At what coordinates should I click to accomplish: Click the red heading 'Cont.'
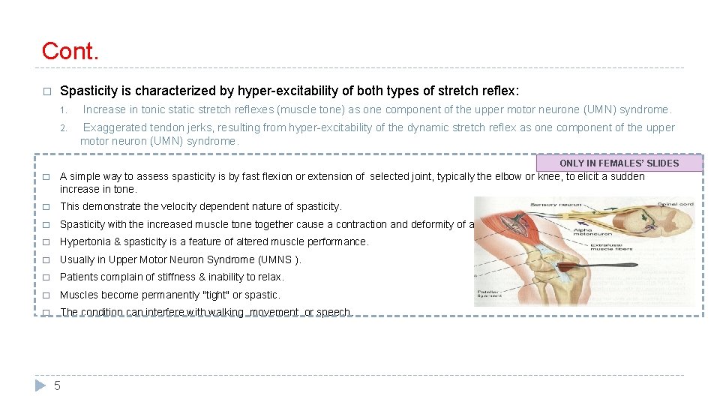(x=70, y=51)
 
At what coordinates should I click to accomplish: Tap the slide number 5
(x=57, y=385)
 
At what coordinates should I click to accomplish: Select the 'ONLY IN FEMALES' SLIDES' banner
(x=619, y=163)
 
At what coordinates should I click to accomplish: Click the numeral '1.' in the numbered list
(x=64, y=110)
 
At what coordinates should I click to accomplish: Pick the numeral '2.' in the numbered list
(x=64, y=128)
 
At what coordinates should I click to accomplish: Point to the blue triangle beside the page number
(x=40, y=385)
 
